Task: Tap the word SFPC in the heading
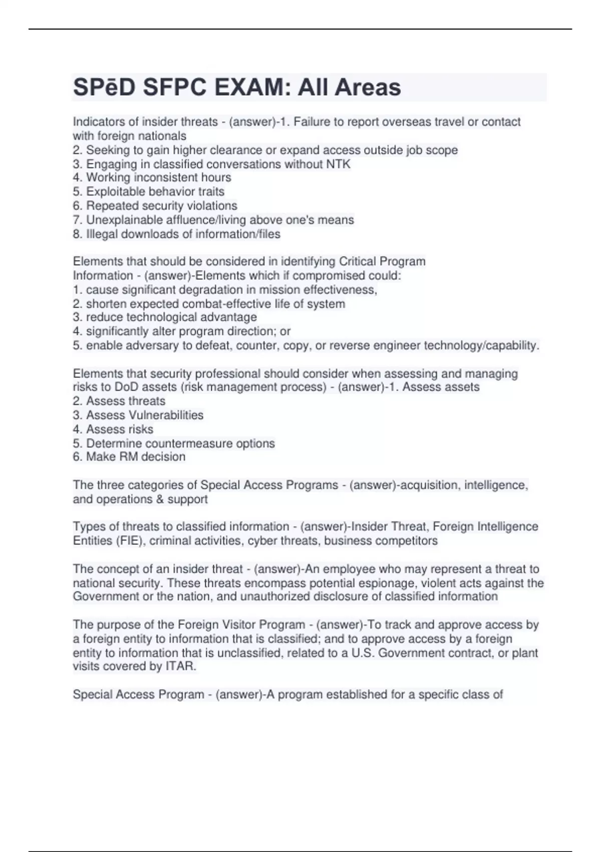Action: pyautogui.click(x=174, y=87)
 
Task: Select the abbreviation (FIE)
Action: pyautogui.click(x=132, y=541)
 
